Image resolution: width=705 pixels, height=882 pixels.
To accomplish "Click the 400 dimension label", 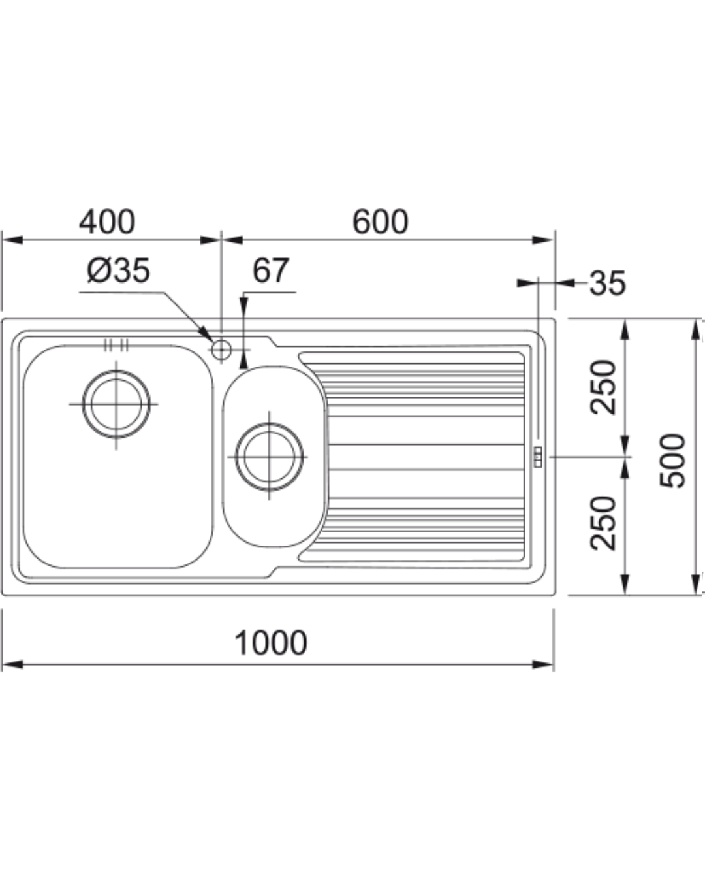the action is tap(107, 222).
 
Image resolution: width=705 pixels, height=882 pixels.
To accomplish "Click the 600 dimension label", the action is tap(380, 222).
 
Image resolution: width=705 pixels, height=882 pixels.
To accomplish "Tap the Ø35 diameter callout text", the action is tap(119, 270).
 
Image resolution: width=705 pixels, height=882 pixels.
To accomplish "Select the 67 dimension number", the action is tap(271, 270).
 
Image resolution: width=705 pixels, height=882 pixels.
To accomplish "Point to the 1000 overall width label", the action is tap(270, 643).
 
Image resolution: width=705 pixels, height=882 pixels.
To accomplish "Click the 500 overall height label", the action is tap(672, 461).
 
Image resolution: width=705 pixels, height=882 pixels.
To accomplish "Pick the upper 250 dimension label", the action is tap(603, 387).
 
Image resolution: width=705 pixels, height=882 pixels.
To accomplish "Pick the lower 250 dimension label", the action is tap(603, 523).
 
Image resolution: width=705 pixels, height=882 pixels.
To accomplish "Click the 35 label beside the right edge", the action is tap(608, 283).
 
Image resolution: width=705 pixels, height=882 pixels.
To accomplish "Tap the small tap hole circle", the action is tap(221, 350).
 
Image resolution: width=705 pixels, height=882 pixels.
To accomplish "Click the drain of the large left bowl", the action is tap(116, 404).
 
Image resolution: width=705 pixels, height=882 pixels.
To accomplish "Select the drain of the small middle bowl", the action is tap(269, 457).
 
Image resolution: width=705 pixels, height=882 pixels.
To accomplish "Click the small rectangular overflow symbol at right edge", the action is tap(538, 457).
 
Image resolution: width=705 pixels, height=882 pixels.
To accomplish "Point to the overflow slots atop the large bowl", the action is tap(116, 345).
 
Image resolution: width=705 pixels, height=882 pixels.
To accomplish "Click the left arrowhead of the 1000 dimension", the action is tap(12, 665).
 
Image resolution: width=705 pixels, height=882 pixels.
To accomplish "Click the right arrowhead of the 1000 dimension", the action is tap(543, 665).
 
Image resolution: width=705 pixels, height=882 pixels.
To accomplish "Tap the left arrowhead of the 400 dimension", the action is tap(12, 240).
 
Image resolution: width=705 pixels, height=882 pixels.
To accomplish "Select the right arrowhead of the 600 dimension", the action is tap(543, 240).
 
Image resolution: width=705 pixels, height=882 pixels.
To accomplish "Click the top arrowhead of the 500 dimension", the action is tap(695, 329).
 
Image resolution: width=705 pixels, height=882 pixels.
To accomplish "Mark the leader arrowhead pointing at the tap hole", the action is tap(207, 334).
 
